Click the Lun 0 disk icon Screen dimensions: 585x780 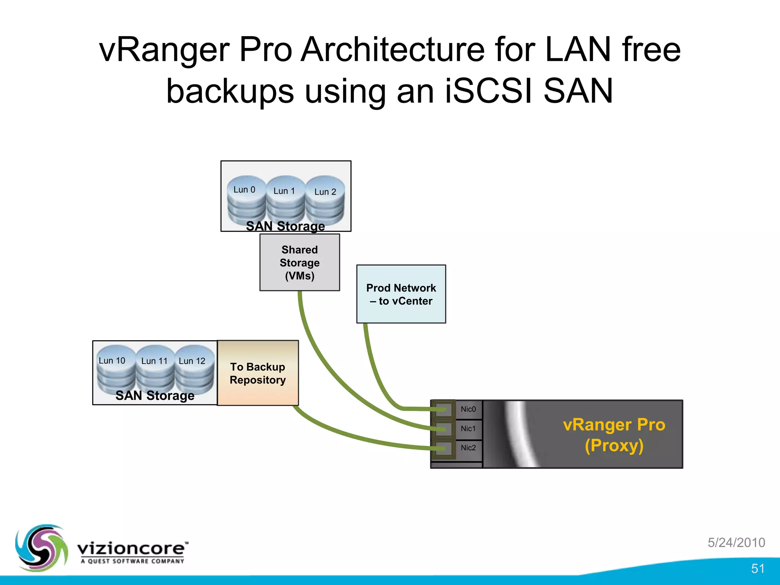[246, 200]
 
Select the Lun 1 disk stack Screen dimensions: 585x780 [286, 201]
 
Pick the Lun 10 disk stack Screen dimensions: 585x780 [115, 369]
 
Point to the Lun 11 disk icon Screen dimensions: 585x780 [155, 369]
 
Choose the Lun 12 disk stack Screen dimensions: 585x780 [194, 369]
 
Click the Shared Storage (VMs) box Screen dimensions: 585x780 [299, 262]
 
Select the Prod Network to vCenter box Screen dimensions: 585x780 [401, 294]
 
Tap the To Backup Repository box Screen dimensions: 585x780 [258, 373]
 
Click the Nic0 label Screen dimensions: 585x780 [468, 409]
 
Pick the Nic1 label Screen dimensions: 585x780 [468, 428]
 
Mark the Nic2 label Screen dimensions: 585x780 [468, 448]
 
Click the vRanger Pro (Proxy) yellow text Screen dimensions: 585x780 [614, 435]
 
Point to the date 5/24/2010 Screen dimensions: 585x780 [736, 542]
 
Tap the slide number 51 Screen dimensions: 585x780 [758, 569]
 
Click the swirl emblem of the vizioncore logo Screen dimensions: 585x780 [41, 548]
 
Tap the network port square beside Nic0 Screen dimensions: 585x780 [443, 409]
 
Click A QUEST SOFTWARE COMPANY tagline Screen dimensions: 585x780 [132, 561]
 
